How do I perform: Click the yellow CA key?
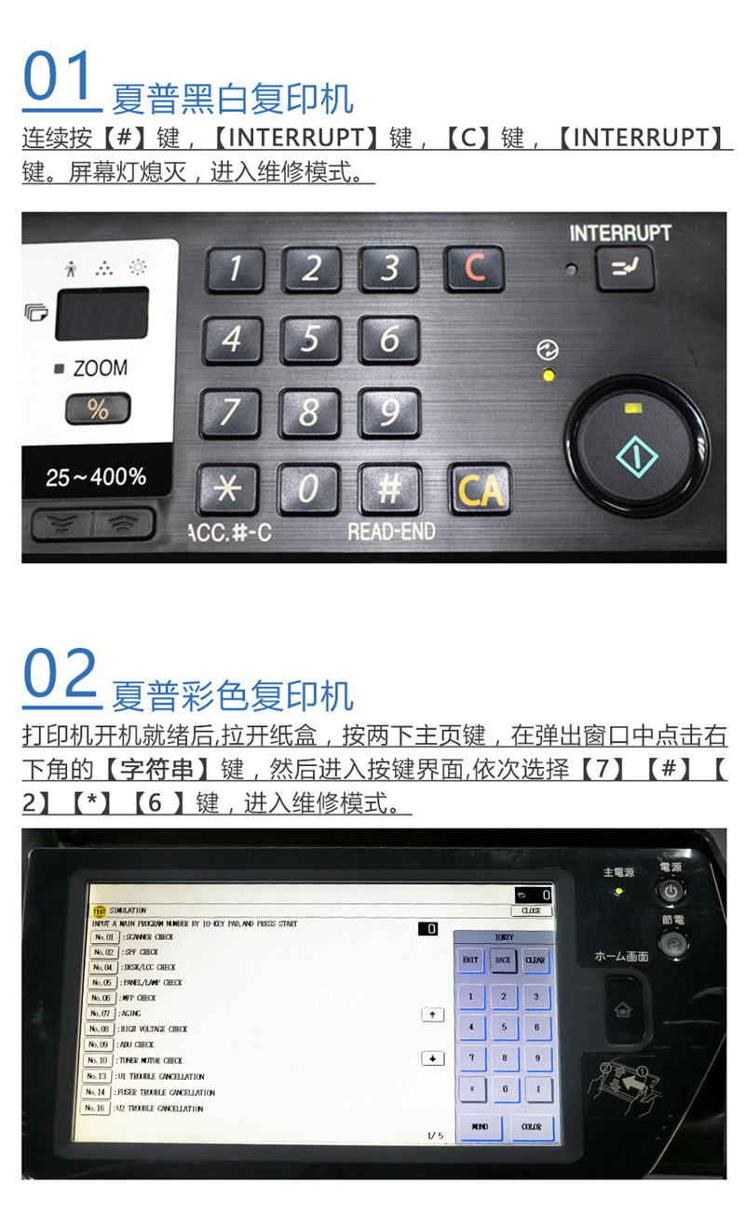pos(480,489)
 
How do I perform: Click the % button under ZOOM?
pos(98,409)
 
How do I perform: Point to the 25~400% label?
pos(96,478)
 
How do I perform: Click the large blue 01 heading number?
pos(61,79)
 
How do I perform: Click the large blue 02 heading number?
pos(61,677)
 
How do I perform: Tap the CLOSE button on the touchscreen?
pos(531,910)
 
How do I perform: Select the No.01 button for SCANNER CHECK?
pos(105,936)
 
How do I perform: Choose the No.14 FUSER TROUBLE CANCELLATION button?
pos(96,1092)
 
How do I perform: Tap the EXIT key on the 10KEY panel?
pos(470,960)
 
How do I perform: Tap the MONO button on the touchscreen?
pos(480,1126)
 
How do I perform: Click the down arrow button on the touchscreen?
pos(432,1058)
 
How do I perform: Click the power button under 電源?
pos(671,891)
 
